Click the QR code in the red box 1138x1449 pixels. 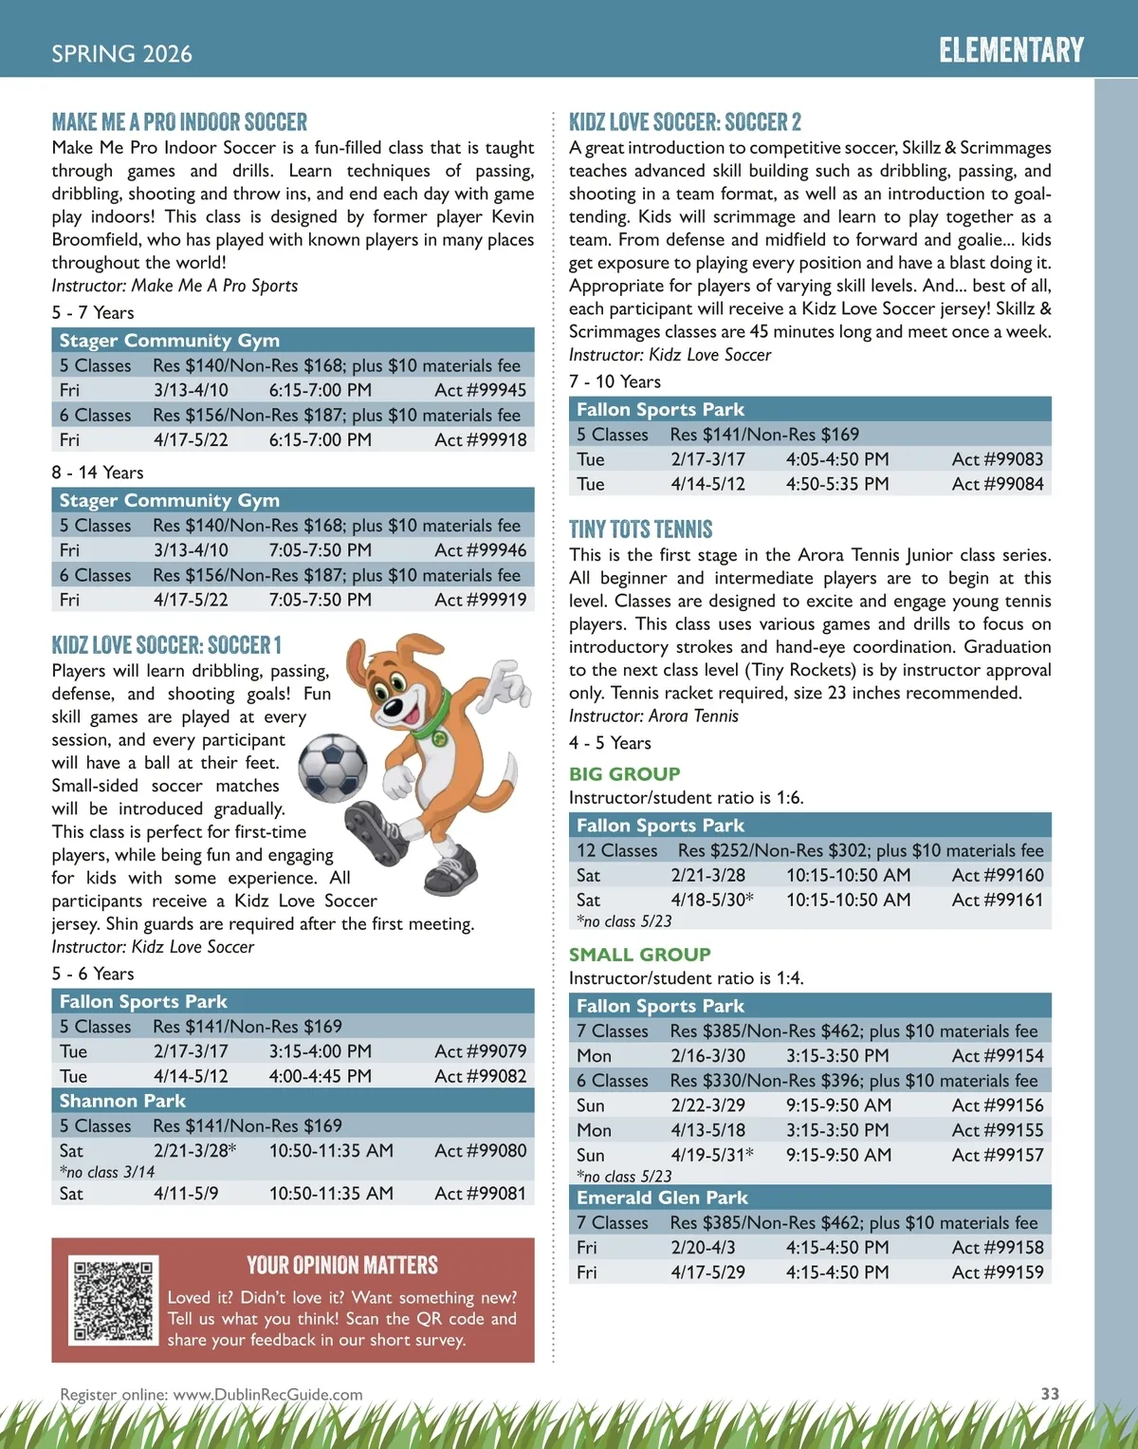[114, 1300]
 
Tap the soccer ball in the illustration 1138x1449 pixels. [333, 767]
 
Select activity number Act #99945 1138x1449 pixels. [480, 390]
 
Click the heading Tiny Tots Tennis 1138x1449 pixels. [640, 529]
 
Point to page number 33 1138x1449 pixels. [1050, 1393]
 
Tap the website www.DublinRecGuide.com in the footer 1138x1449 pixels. [268, 1394]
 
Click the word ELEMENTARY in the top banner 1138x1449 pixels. [1011, 50]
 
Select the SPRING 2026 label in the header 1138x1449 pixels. [121, 54]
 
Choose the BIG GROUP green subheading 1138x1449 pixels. [624, 773]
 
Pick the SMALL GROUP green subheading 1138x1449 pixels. [639, 955]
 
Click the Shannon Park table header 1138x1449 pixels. [122, 1101]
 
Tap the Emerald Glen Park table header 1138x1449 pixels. [662, 1198]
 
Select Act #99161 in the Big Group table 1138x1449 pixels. [997, 900]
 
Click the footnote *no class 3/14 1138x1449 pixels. [107, 1172]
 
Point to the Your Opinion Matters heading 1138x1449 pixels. [342, 1265]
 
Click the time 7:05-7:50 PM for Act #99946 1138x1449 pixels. [320, 550]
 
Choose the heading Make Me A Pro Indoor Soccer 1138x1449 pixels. [179, 122]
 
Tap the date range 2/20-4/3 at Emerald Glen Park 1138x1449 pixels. [703, 1247]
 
